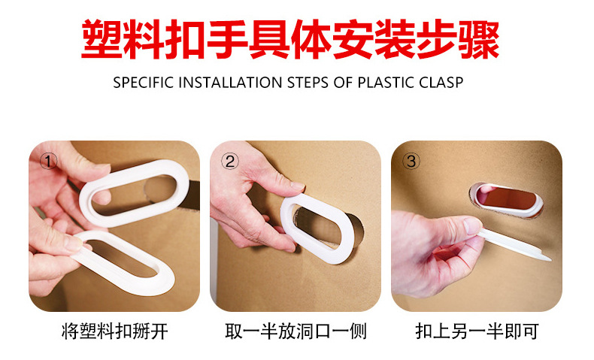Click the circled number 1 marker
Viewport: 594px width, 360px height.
click(x=49, y=162)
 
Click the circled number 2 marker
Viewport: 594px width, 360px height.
click(x=230, y=161)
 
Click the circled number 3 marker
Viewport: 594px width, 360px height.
click(x=411, y=161)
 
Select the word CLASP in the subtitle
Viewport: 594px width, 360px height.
click(x=440, y=82)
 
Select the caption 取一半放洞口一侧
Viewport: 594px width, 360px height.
click(x=295, y=331)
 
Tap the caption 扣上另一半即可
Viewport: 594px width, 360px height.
click(x=477, y=331)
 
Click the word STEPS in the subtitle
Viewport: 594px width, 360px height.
click(x=308, y=82)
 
